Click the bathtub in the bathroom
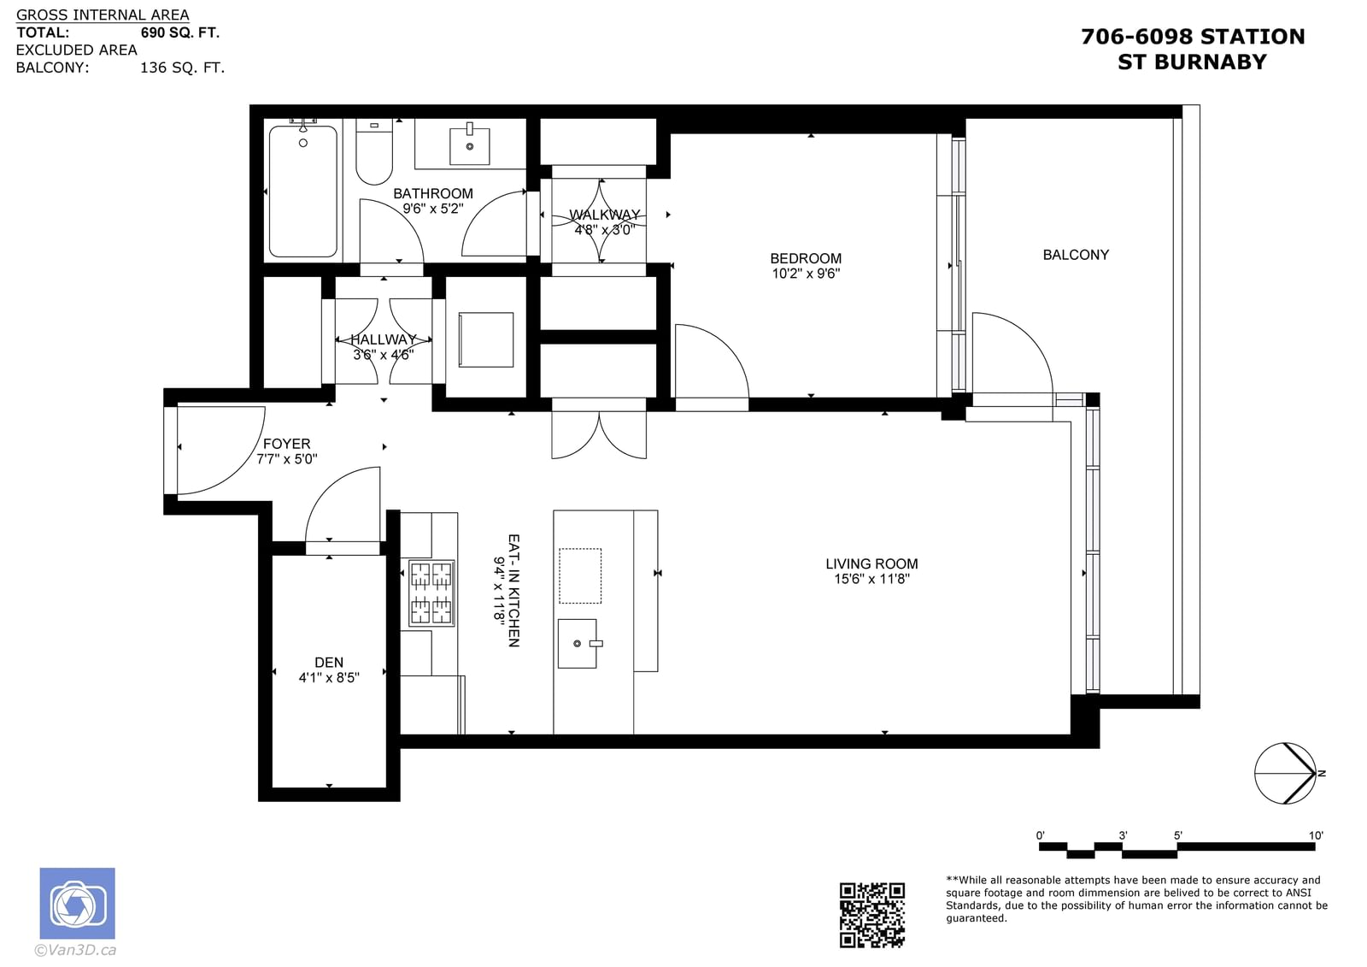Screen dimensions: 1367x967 point(302,192)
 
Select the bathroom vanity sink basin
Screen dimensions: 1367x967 point(469,146)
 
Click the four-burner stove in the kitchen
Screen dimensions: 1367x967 point(431,593)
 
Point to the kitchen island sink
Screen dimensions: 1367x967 point(578,643)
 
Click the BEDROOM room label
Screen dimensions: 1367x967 point(806,258)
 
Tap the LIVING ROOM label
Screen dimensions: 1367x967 point(871,563)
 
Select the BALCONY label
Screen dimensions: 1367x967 point(1076,255)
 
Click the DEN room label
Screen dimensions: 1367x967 point(329,662)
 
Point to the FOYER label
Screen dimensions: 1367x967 point(287,444)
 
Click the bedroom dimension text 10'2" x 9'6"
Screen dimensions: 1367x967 point(806,274)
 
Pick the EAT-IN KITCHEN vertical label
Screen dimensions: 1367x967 point(513,591)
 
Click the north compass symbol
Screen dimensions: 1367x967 point(1286,774)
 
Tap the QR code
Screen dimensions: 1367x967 point(871,915)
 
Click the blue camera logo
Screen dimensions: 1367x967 point(78,903)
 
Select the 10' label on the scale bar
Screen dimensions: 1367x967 point(1316,835)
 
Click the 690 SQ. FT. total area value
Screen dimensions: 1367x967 point(179,32)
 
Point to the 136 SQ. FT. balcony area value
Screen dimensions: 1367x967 point(183,68)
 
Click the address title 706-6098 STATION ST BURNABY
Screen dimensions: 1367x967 point(1193,49)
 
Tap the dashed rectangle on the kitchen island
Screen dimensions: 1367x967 point(580,576)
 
